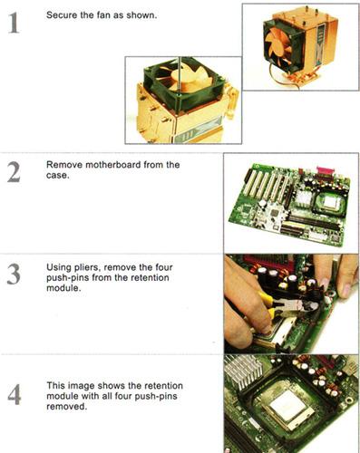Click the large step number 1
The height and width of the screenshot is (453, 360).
pyautogui.click(x=14, y=24)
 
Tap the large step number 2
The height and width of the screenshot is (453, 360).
pyautogui.click(x=14, y=172)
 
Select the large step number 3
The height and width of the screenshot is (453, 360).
pyautogui.click(x=14, y=275)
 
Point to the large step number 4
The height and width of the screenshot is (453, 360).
pyautogui.click(x=14, y=394)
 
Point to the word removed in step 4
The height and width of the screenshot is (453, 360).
pyautogui.click(x=66, y=407)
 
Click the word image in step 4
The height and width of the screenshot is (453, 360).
pyautogui.click(x=82, y=386)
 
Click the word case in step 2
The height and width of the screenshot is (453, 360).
pyautogui.click(x=57, y=176)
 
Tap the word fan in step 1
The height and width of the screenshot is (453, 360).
pyautogui.click(x=104, y=15)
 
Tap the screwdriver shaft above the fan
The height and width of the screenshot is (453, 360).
pyautogui.click(x=180, y=75)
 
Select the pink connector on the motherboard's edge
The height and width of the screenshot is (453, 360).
pyautogui.click(x=326, y=171)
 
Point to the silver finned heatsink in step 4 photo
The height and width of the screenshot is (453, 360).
pyautogui.click(x=242, y=372)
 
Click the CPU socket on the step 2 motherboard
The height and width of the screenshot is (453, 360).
pyautogui.click(x=330, y=205)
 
